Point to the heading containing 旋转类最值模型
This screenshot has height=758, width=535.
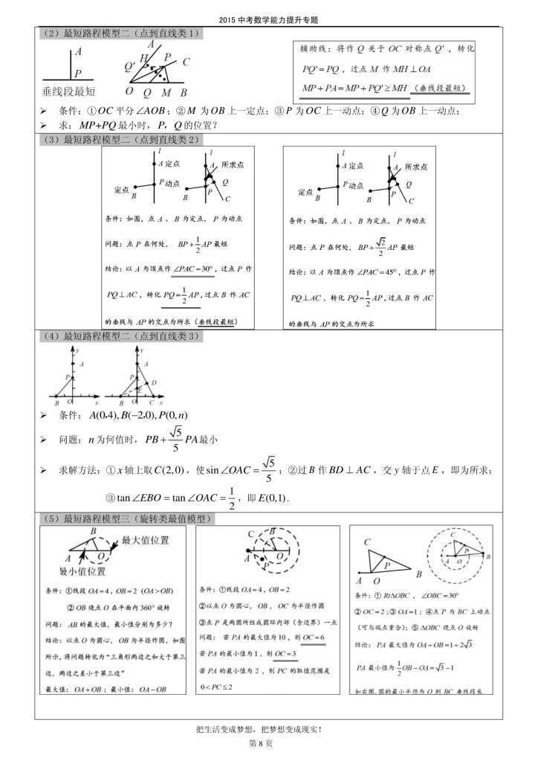point(127,518)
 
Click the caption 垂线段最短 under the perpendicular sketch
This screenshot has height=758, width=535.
point(69,91)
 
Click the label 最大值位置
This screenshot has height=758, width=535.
point(145,541)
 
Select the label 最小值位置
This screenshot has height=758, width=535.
point(82,571)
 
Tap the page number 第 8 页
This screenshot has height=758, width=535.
point(267,743)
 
